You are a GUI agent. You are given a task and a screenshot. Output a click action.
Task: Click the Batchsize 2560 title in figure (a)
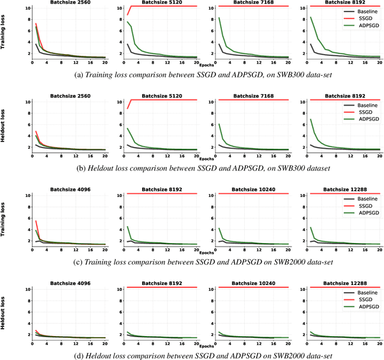coord(71,3)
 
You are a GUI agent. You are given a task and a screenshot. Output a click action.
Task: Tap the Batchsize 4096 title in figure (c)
coord(71,189)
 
